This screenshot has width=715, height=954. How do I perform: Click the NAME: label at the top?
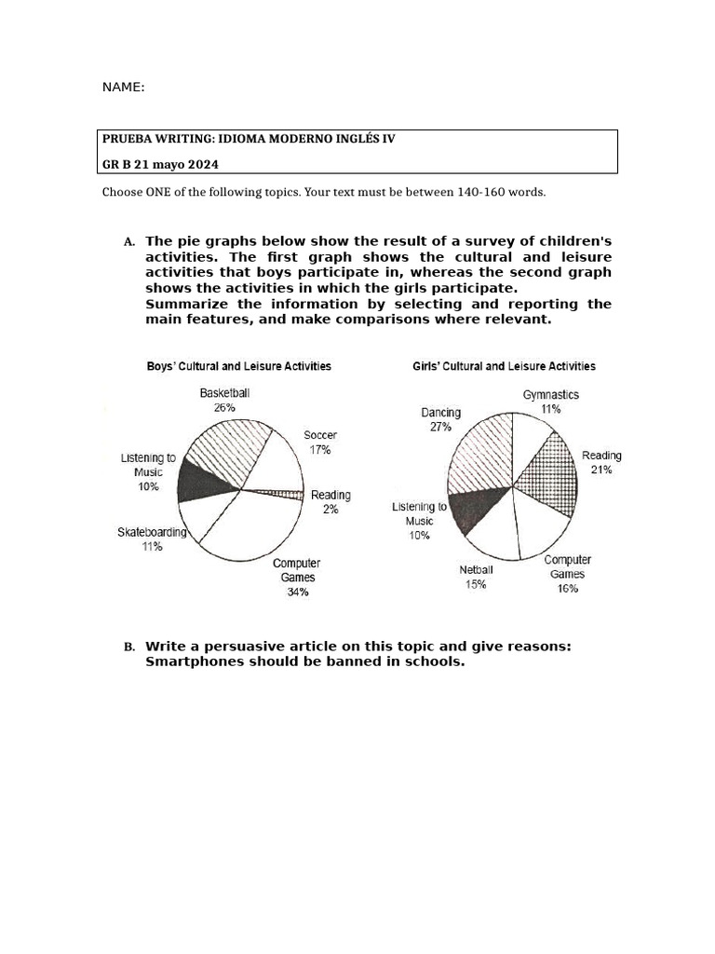123,87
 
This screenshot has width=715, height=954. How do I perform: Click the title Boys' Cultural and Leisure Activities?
238,366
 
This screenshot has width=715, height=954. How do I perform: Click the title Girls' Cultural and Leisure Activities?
504,366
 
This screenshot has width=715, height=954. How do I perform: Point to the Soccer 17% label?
320,442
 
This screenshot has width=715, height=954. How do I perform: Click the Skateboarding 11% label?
152,539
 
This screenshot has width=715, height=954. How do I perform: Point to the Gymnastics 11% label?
550,402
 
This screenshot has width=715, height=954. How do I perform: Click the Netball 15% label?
476,577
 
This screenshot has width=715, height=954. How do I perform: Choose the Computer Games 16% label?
567,574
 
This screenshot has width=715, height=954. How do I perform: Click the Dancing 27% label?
440,419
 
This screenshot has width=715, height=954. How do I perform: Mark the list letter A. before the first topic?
129,242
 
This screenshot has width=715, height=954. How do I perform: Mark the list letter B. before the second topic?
129,647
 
